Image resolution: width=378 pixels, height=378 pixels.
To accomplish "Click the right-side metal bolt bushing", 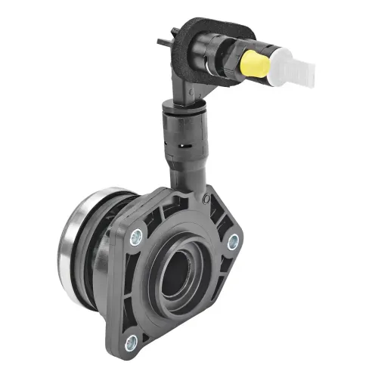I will pyautogui.click(x=233, y=242).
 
